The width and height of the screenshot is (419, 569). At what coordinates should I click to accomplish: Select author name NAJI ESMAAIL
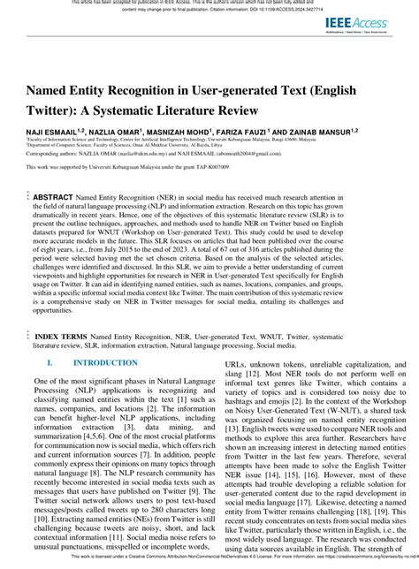pos(50,131)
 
